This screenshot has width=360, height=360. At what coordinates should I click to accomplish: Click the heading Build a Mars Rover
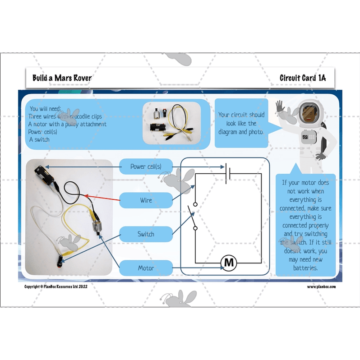click(x=62, y=78)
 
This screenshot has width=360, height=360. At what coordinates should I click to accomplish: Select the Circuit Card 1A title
click(x=302, y=78)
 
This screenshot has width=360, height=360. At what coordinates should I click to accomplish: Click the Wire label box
click(x=145, y=200)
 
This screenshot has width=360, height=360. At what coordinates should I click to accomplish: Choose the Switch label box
click(x=145, y=234)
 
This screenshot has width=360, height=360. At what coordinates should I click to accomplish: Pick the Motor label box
click(x=145, y=268)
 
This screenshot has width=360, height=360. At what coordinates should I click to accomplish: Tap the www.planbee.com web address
click(x=321, y=286)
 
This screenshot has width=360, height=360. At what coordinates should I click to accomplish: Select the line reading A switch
click(x=40, y=139)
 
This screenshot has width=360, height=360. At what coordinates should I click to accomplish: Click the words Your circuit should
click(x=241, y=115)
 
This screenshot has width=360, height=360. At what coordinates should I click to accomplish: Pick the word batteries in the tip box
click(x=305, y=268)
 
